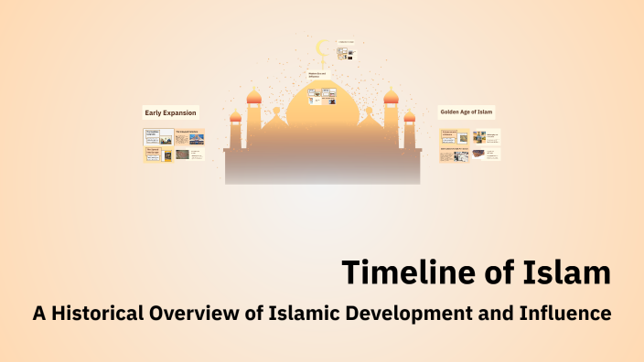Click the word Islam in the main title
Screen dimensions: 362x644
(563, 272)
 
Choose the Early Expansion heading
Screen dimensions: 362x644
(170, 113)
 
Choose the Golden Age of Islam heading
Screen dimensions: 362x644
(467, 112)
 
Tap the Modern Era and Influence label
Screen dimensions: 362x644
(316, 75)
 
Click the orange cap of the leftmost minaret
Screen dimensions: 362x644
(235, 117)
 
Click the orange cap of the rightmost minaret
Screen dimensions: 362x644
(409, 117)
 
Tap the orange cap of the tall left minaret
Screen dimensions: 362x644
(253, 96)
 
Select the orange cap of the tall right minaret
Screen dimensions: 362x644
(391, 96)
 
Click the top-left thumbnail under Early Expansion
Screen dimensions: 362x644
(158, 138)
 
